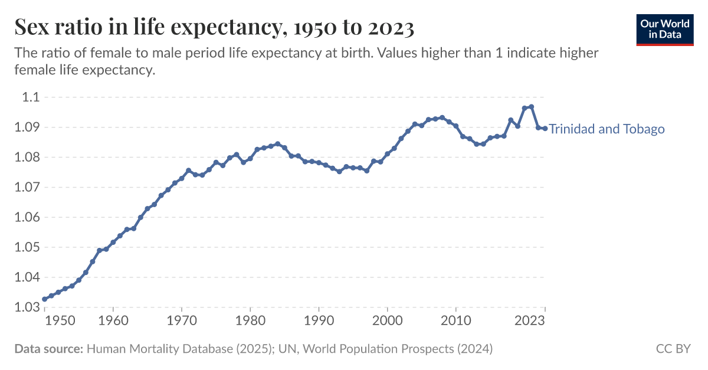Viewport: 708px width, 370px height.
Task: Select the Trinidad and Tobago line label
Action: [x=607, y=129]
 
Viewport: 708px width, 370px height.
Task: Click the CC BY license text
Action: [x=673, y=349]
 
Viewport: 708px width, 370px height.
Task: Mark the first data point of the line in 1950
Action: [x=44, y=299]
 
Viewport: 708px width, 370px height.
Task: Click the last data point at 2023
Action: [x=545, y=128]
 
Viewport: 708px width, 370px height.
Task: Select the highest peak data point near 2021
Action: [x=531, y=107]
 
